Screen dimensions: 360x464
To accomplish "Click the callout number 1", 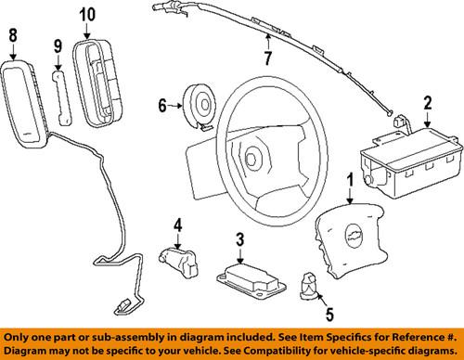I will (x=350, y=179).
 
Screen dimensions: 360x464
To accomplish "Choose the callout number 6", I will (x=163, y=106).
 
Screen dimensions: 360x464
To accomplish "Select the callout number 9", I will (x=57, y=45).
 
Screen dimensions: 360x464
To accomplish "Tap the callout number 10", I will (x=86, y=14).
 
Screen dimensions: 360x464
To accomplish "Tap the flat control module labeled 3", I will (x=248, y=276).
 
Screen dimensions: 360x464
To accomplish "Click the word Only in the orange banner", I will (x=19, y=336).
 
